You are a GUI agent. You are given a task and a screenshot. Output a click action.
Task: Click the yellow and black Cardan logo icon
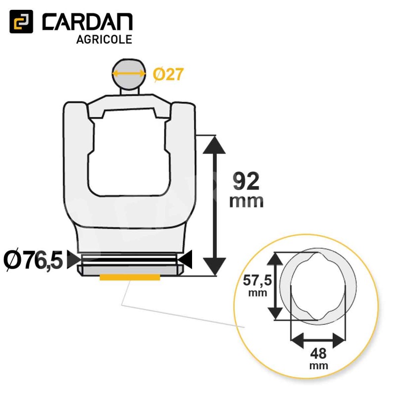[21, 21]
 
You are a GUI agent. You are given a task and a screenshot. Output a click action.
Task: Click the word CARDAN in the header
[88, 22]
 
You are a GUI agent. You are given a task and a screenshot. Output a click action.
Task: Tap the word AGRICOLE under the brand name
[104, 40]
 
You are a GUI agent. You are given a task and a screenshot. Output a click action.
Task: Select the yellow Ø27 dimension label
[168, 75]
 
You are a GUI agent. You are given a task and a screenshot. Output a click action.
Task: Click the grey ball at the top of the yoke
[129, 74]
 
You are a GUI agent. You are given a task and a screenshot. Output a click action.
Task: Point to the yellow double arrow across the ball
[129, 74]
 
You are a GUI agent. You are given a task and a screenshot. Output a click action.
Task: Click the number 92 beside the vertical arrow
[246, 181]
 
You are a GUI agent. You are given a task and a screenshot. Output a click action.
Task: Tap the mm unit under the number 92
[246, 201]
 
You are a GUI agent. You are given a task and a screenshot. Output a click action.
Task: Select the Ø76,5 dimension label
[33, 260]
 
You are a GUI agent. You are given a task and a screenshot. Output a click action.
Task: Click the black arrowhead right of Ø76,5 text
[74, 259]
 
